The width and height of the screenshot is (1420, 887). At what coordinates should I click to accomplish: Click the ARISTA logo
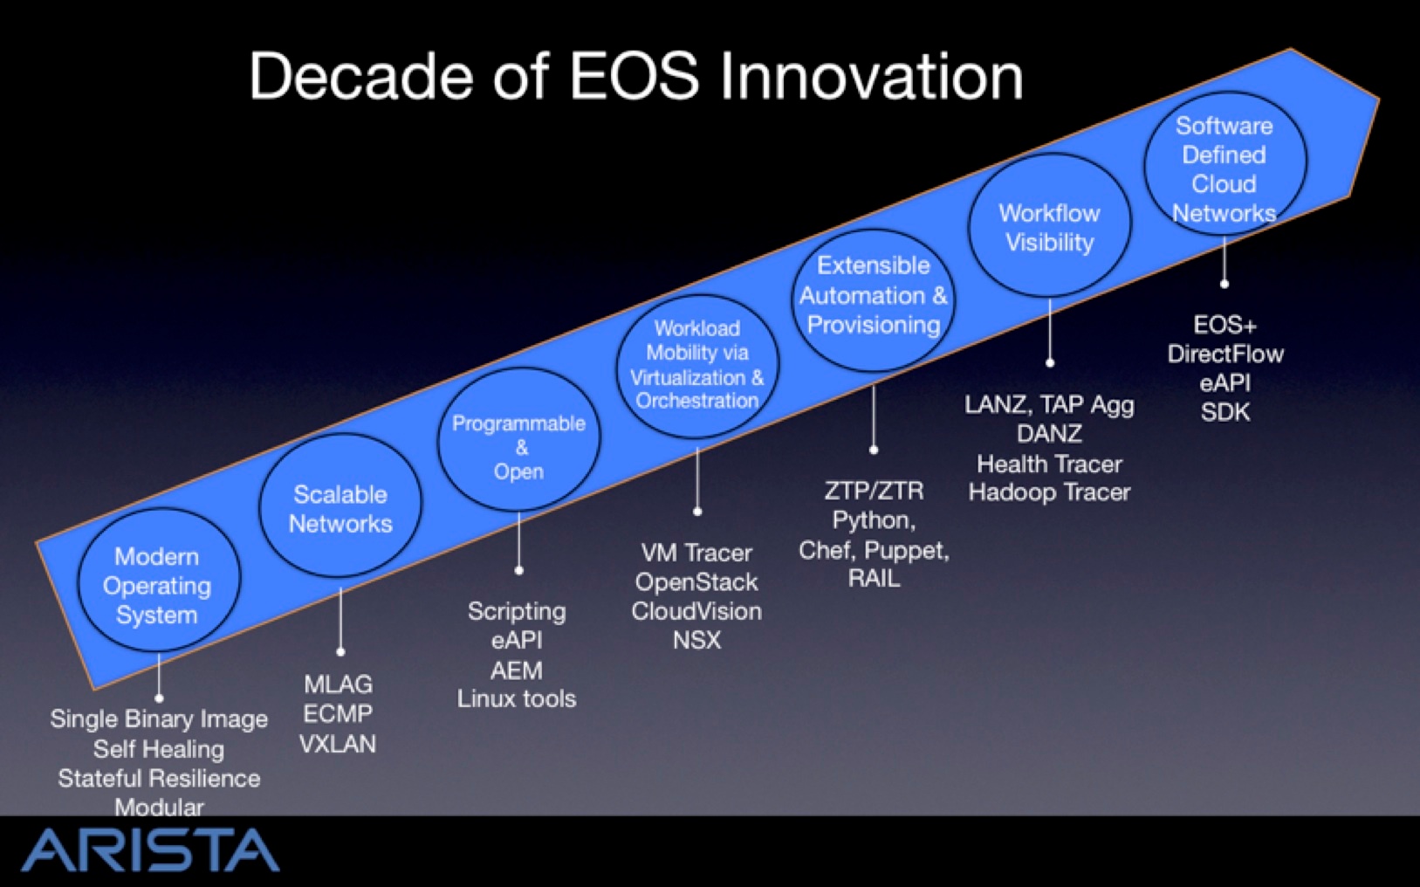pos(150,849)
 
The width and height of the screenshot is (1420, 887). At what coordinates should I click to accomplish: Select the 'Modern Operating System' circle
pos(159,581)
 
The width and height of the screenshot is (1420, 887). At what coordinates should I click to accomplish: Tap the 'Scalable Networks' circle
pos(340,505)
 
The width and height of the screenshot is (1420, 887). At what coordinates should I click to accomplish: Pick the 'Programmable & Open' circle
pos(518,439)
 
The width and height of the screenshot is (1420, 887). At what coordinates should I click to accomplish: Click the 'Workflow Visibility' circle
pos(1050,225)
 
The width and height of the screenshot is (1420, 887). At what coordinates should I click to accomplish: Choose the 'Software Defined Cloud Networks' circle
pos(1224,163)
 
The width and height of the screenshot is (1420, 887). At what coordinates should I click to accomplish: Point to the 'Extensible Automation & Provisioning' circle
pos(874,300)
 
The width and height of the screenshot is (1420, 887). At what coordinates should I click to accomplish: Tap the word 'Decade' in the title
pos(361,76)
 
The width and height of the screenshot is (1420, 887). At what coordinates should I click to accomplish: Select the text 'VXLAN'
pos(338,744)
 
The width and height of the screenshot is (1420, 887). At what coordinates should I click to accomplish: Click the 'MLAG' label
pos(338,684)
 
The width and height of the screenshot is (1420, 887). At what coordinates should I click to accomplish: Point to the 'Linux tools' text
pos(517,698)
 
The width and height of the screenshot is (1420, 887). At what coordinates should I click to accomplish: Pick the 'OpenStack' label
pos(696,581)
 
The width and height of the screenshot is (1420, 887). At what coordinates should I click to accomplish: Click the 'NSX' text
pos(696,640)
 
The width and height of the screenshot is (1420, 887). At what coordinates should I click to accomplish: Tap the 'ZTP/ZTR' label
pos(874,490)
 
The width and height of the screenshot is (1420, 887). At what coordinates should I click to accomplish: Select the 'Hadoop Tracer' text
pos(1050,492)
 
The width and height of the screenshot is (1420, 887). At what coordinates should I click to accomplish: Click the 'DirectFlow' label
pos(1225,354)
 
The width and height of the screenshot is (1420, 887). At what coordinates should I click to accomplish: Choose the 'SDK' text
pos(1225,412)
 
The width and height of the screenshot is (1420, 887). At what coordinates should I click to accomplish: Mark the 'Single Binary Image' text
pos(159,719)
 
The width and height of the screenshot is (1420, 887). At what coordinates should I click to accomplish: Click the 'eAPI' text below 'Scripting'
pos(517,640)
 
